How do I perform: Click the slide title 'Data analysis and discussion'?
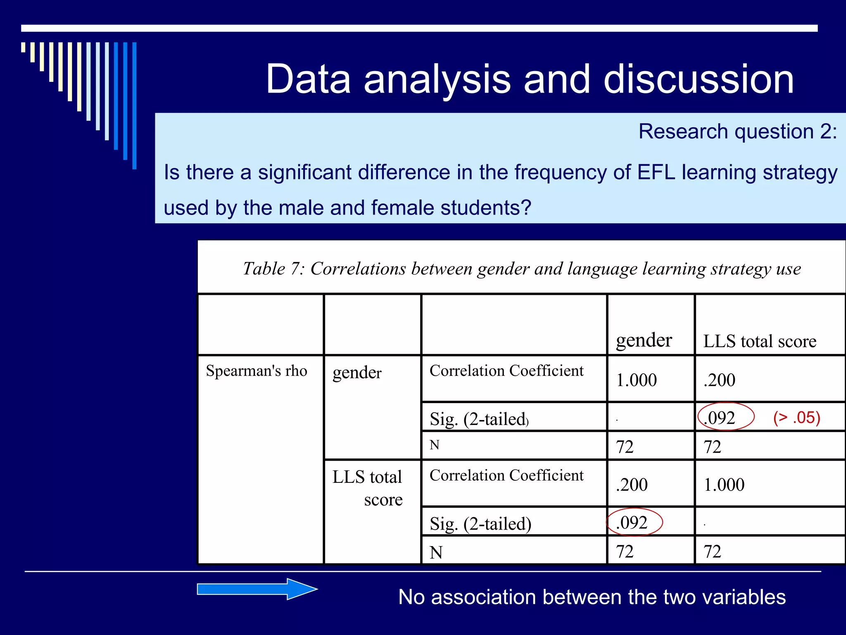(529, 79)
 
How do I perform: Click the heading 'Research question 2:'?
(737, 132)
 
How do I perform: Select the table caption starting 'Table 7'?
(522, 269)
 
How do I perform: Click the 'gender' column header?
(644, 341)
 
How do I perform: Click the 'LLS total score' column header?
(760, 341)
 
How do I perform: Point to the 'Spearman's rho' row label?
(257, 371)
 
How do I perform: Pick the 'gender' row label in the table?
(357, 372)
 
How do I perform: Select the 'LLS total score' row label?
(367, 488)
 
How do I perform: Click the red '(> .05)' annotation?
(796, 418)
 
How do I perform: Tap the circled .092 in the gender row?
(720, 418)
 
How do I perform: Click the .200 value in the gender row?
(720, 380)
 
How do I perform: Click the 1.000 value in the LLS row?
(724, 485)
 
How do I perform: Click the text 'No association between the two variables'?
(592, 597)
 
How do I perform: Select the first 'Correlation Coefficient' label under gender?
(506, 371)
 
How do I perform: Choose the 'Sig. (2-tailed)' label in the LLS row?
(480, 524)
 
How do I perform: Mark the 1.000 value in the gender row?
(636, 380)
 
